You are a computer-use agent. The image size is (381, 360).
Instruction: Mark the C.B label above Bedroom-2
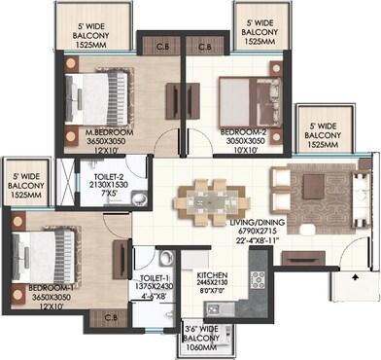click(204, 45)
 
